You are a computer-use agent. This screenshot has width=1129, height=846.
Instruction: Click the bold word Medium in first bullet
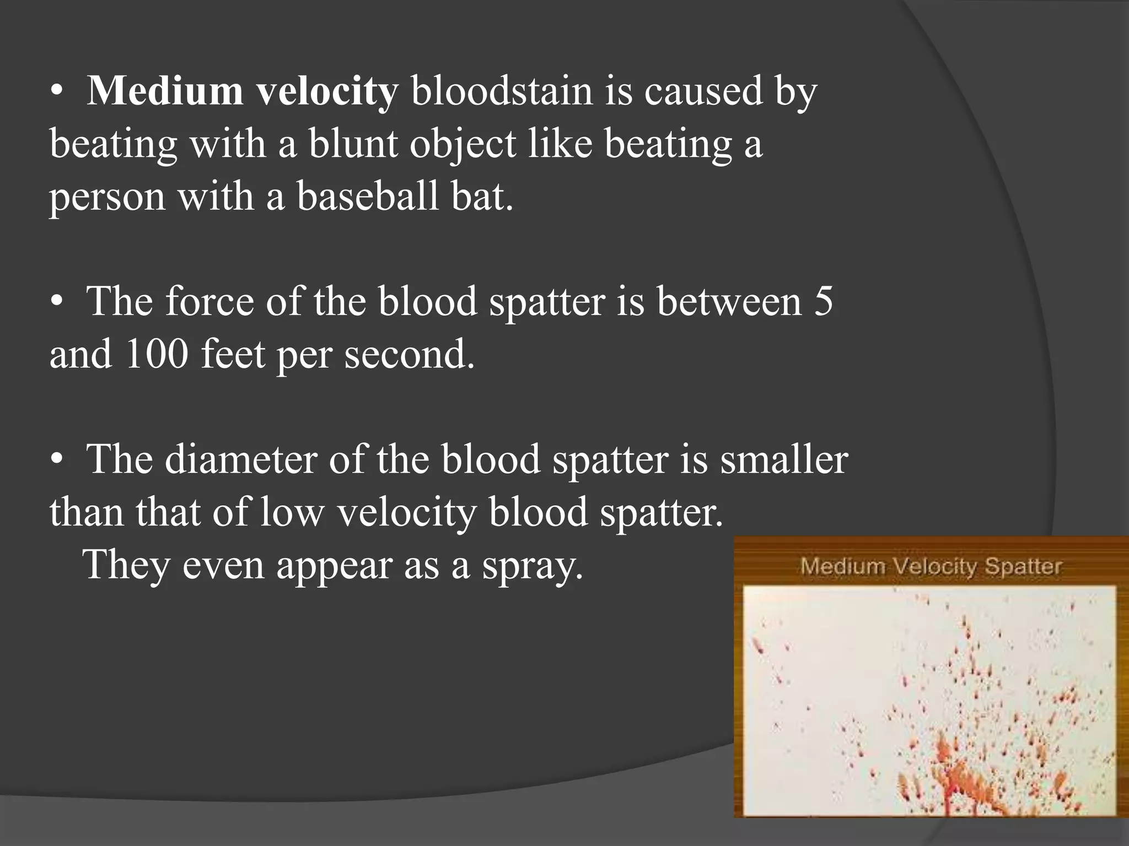pyautogui.click(x=165, y=91)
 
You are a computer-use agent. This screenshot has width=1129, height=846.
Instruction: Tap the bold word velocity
pyautogui.click(x=327, y=92)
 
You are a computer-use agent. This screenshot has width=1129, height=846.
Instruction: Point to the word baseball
pyautogui.click(x=368, y=196)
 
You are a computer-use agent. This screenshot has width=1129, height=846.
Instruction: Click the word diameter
pyautogui.click(x=241, y=459)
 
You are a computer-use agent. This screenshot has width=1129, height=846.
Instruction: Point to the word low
pyautogui.click(x=292, y=512)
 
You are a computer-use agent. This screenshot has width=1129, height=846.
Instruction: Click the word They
pyautogui.click(x=126, y=565)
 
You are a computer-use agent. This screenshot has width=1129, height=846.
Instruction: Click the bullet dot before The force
pyautogui.click(x=57, y=302)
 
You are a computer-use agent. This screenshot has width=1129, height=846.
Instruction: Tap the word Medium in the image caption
pyautogui.click(x=841, y=566)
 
